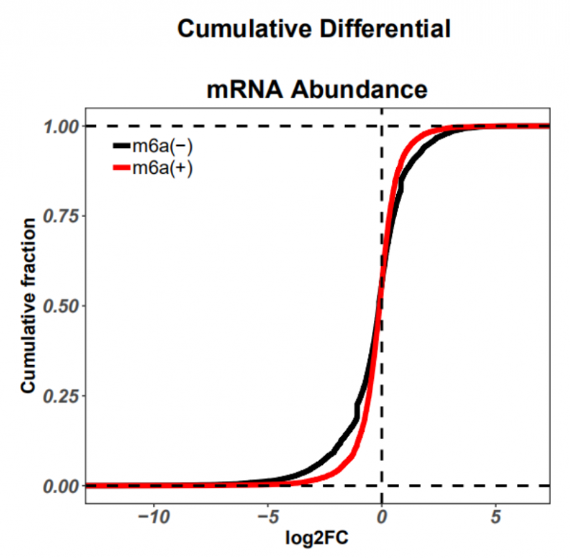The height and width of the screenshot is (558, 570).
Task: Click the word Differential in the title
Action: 381,29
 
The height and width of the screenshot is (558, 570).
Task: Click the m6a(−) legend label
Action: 162,147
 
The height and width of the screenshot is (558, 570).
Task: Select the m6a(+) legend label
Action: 162,168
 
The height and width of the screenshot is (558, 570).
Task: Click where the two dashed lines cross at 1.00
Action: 382,126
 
